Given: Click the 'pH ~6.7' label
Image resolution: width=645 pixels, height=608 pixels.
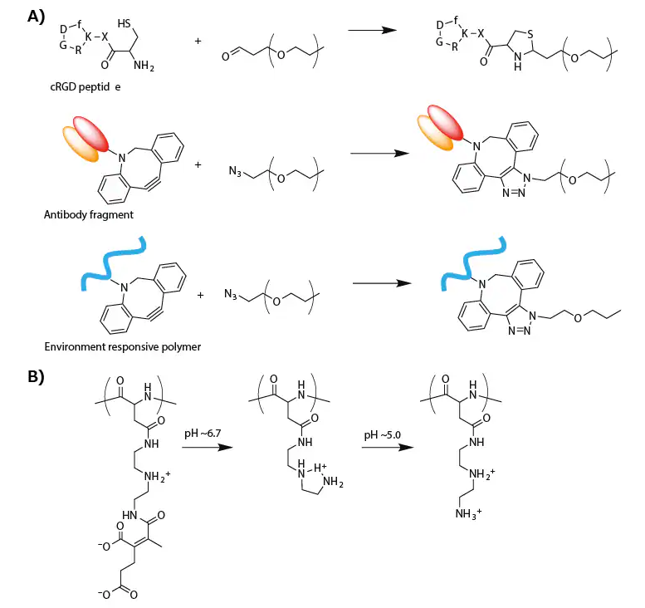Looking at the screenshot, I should pyautogui.click(x=204, y=434).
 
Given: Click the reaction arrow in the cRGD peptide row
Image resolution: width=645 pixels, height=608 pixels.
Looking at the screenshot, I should pyautogui.click(x=370, y=30).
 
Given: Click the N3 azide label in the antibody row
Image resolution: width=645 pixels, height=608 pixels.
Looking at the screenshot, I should pyautogui.click(x=235, y=172).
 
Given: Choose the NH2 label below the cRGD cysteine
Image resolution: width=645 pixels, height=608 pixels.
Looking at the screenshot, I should pyautogui.click(x=154, y=79).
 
